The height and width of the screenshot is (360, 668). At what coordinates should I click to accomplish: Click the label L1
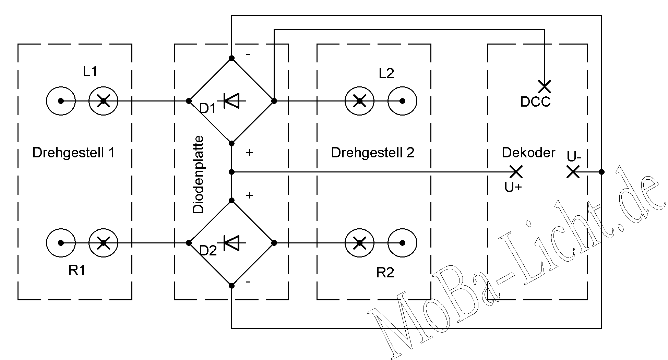pos(90,71)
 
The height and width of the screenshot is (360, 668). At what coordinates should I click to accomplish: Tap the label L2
pos(386,73)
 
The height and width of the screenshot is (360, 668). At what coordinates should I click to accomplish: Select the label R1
pos(77,271)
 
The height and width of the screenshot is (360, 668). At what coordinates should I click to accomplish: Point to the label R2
pos(385,273)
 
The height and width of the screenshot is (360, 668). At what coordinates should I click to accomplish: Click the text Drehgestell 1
pos(74,153)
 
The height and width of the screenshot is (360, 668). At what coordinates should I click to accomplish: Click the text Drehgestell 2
pos(372,153)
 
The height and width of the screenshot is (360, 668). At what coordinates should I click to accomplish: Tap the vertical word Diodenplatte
pos(198,175)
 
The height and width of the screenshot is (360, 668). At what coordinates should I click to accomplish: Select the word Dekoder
pos(528,153)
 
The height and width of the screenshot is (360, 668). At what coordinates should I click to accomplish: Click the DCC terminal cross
pos(545,87)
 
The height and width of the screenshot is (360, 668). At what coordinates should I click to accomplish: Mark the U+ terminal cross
pos(516,172)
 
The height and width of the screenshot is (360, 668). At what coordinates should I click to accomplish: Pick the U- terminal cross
pos(573,172)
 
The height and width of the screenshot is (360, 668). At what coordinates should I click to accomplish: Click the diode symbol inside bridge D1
pos(232,101)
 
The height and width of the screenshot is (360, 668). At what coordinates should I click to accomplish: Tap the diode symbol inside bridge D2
pos(232,243)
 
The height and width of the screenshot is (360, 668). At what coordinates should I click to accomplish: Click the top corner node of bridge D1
pos(231,58)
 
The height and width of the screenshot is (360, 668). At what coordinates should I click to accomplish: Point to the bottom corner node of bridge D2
pos(231,285)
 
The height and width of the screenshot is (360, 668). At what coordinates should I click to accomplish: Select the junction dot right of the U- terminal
pos(601,172)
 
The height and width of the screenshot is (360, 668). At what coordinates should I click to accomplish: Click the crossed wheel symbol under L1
pos(103,101)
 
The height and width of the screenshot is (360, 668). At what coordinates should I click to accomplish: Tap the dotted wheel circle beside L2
pos(402,101)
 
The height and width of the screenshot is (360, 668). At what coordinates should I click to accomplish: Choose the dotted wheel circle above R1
pos(61,243)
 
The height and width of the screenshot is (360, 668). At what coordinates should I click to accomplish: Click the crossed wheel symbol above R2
pos(359,243)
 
